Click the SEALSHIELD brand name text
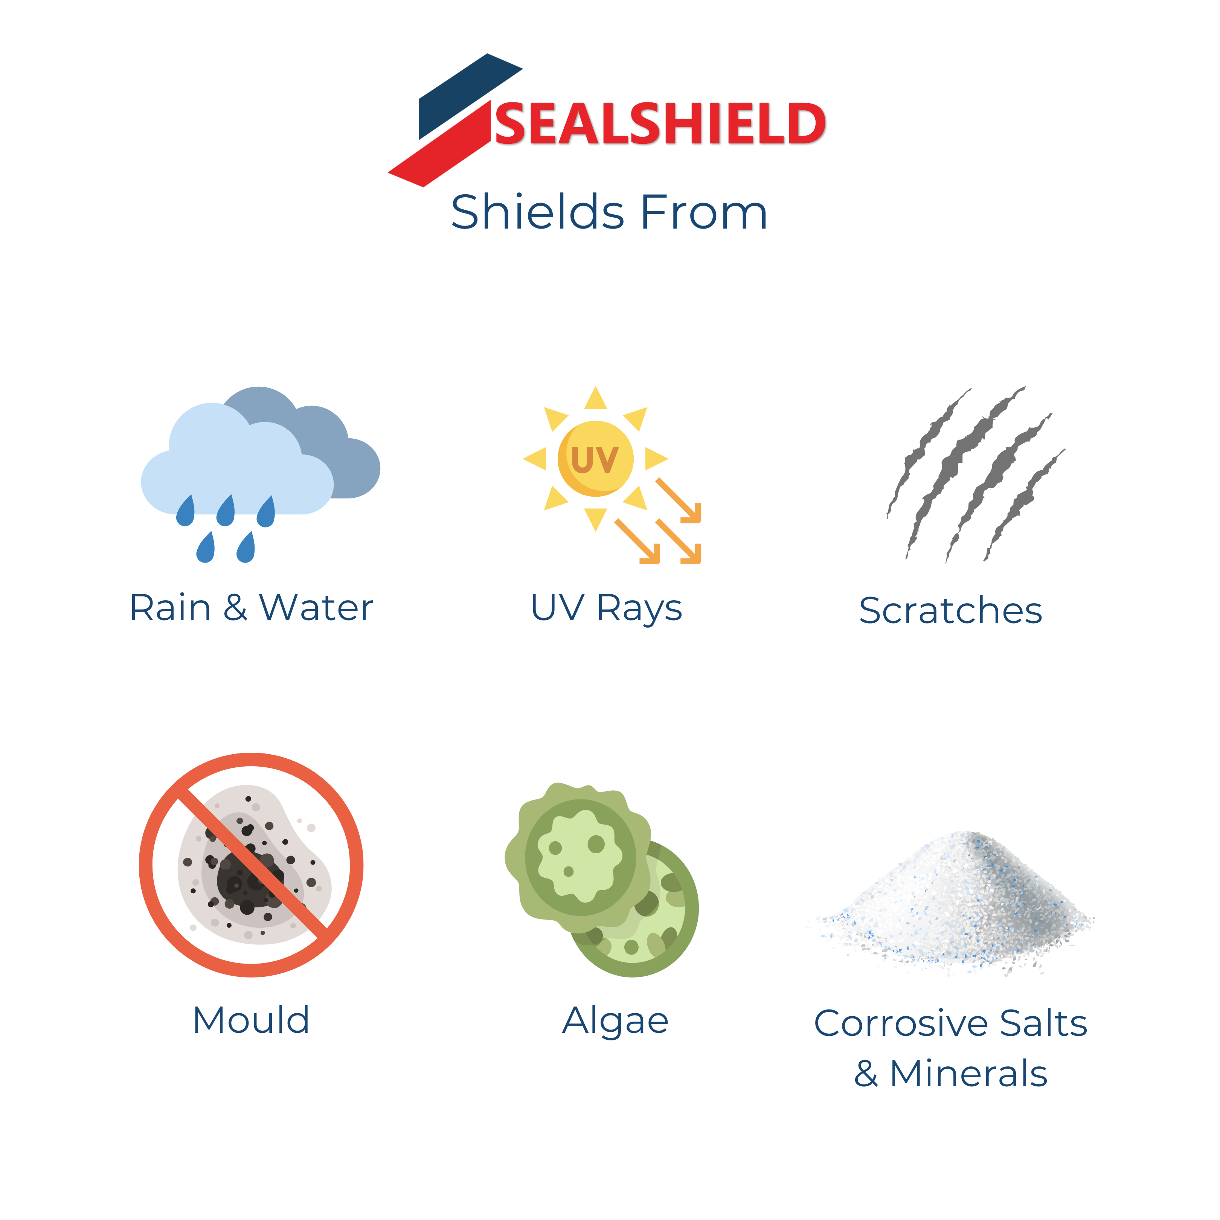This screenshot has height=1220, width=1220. (x=660, y=124)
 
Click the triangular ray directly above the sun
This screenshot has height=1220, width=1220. (x=595, y=398)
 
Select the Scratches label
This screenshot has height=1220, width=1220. (x=950, y=611)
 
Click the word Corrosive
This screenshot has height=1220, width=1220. (x=900, y=1023)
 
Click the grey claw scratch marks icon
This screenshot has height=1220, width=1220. (x=976, y=474)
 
